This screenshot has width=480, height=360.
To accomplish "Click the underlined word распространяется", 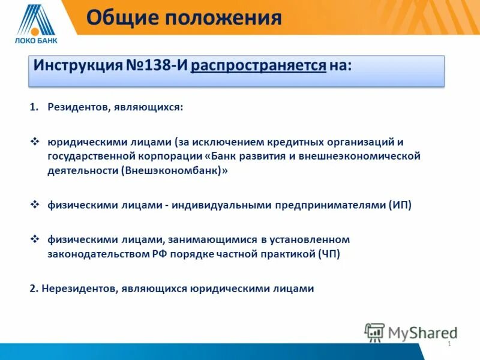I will [x=259, y=65].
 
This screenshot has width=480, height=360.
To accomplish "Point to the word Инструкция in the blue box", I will [x=77, y=65].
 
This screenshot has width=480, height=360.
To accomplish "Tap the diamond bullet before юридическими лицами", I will [x=34, y=142].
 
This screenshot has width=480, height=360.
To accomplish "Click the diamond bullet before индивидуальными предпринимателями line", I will [x=34, y=205].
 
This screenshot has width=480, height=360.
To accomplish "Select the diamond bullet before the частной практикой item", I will [x=34, y=239].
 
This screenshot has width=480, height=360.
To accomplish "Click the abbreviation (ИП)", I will [x=400, y=205].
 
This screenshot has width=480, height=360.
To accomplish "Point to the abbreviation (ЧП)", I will [x=328, y=254].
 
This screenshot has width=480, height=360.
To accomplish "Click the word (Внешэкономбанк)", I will [x=175, y=170].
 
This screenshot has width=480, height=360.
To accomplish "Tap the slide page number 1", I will [x=449, y=344].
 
